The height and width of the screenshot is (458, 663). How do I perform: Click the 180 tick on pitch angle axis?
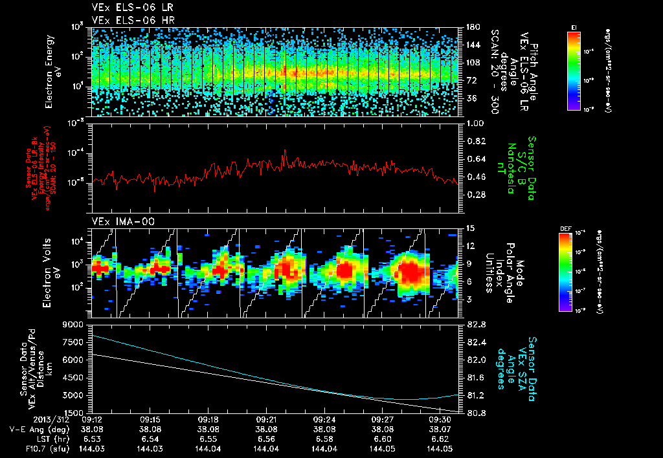pos(471,27)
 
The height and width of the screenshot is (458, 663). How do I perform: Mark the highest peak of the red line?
pos(284,151)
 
